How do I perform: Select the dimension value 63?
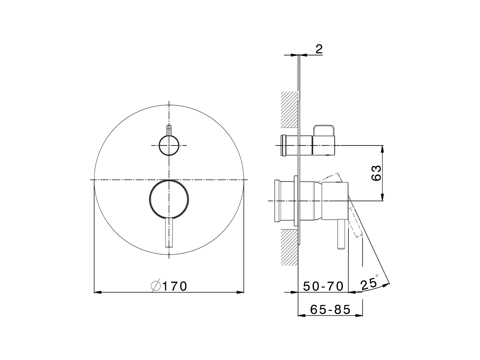click(x=376, y=173)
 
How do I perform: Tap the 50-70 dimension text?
click(x=323, y=286)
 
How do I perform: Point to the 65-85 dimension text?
click(x=330, y=309)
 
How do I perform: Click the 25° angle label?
click(x=368, y=283)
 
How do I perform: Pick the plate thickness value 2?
click(x=318, y=49)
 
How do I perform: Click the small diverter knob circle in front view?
click(x=169, y=145)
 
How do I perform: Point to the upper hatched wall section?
click(x=289, y=109)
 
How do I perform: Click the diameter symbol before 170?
click(x=156, y=286)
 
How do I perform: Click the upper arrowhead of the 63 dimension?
click(x=382, y=149)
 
